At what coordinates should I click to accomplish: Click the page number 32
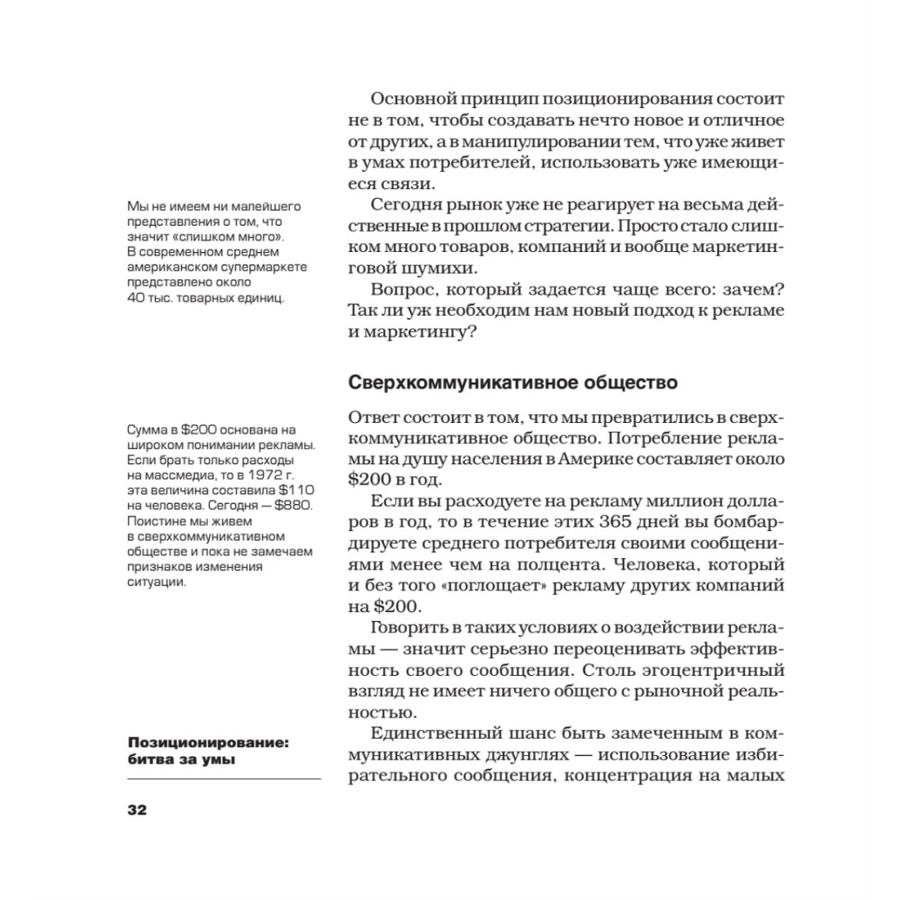(x=137, y=809)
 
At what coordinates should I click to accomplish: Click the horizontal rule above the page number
(x=224, y=778)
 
